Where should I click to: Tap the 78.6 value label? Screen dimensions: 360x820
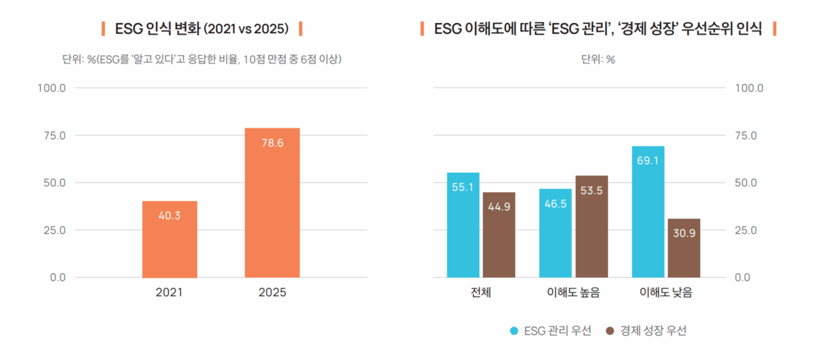point(272,143)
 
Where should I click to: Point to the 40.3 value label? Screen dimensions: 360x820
point(170,216)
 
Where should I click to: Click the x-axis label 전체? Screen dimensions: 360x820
point(480,293)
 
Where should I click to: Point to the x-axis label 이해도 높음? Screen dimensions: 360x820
point(573,293)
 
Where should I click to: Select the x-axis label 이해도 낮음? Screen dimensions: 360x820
point(666,293)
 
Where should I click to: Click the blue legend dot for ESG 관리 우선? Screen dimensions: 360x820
point(514,331)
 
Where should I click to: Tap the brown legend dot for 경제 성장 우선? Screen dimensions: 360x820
point(609,331)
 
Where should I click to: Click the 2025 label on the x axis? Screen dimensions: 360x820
point(272,293)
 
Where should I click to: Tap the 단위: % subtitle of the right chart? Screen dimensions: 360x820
point(598,60)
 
